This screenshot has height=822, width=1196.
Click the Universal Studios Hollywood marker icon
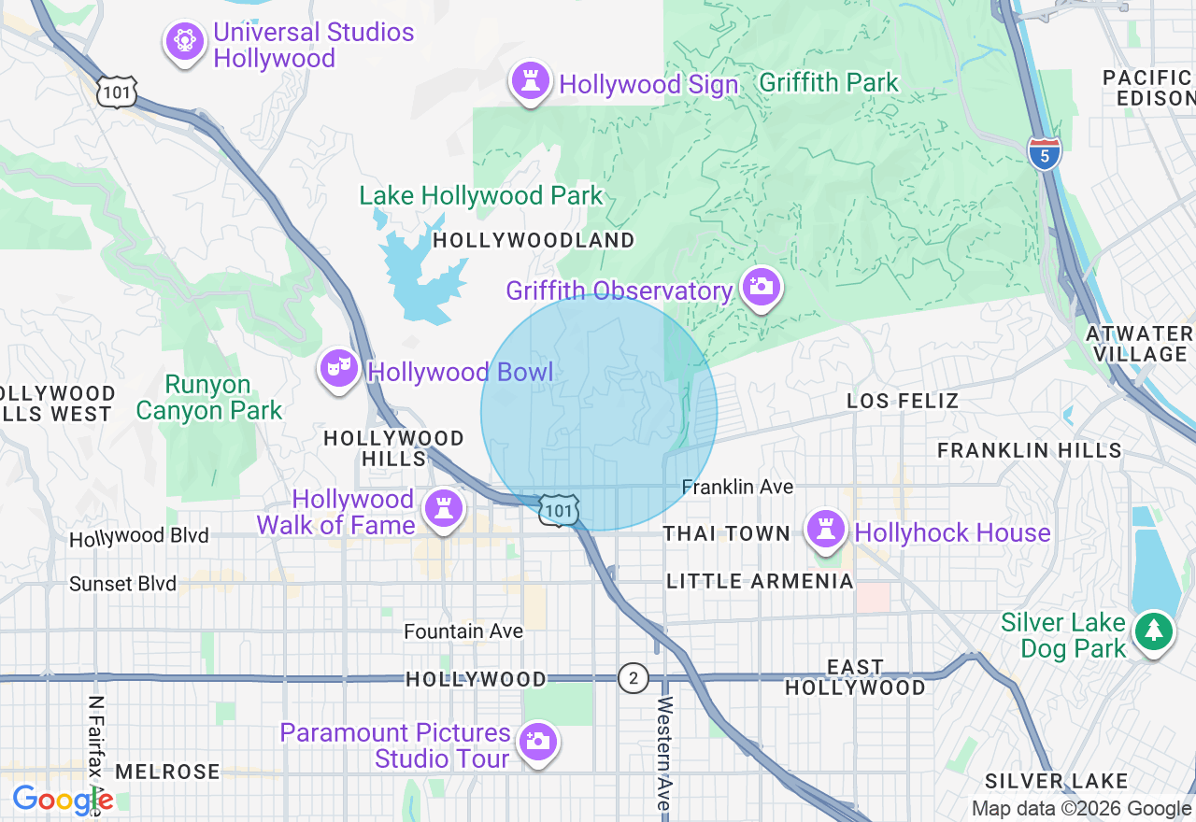185,41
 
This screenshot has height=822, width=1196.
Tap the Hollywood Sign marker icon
531,81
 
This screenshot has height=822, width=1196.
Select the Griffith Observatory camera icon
762,287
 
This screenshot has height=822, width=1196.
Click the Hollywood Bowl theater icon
338,369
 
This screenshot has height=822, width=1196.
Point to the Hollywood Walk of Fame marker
443,509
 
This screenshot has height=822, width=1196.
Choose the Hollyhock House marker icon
826,529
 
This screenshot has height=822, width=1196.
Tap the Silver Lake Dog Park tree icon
1154,631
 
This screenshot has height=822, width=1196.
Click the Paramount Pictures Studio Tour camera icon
537,742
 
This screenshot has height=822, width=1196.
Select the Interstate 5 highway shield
1045,154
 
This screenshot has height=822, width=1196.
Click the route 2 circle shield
633,678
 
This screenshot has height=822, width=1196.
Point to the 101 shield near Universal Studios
121,92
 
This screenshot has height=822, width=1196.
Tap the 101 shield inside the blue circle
559,510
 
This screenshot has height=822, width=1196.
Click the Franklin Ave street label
737,487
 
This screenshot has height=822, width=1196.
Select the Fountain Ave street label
463,631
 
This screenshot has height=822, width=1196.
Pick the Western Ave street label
664,753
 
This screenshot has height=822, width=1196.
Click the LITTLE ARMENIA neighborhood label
760,581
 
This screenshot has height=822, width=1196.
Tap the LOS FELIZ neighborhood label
903,401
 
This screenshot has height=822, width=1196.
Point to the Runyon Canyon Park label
208,398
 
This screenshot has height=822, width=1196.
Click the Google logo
62,800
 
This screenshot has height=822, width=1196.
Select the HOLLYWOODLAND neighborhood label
534,240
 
